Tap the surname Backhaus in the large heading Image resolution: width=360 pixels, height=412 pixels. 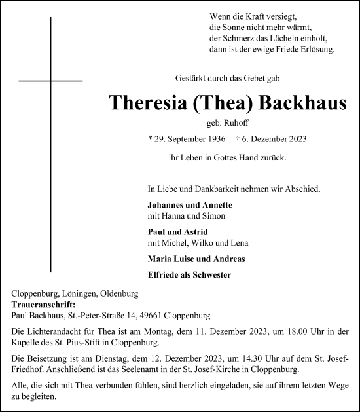click(x=303, y=104)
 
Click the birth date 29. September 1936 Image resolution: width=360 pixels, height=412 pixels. click(x=188, y=140)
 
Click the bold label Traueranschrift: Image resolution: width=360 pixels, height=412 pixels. click(x=44, y=305)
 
